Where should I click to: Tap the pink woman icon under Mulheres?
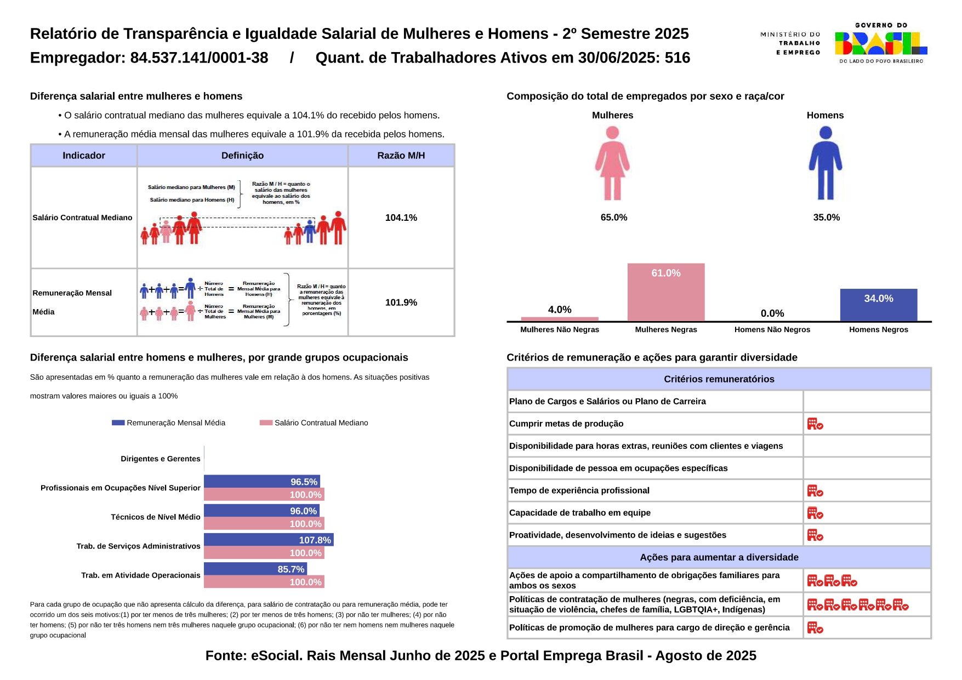coord(612,163)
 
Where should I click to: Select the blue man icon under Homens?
coord(825,163)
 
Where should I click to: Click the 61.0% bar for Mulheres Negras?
coord(665,292)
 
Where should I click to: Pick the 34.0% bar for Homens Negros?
coord(878,305)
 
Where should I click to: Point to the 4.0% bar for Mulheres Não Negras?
coord(559,319)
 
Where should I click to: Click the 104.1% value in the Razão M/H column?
coord(401,218)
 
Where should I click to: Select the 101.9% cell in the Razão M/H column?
coord(401,302)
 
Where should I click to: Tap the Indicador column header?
coord(84,156)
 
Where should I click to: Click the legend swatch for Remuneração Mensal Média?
coord(118,423)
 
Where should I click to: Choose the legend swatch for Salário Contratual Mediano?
coord(266,423)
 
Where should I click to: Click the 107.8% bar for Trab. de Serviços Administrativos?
coord(269,540)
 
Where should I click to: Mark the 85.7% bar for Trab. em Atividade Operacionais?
coord(255,569)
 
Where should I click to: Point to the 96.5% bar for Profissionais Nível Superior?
coord(261,482)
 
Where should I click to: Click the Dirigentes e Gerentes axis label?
coord(161,459)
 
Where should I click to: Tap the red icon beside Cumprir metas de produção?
coord(815,424)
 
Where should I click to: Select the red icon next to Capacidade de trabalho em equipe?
coord(815,513)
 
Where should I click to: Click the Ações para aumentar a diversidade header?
coord(719,557)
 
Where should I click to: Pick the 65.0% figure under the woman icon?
coord(613,218)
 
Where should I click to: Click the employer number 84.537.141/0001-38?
coord(199,58)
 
